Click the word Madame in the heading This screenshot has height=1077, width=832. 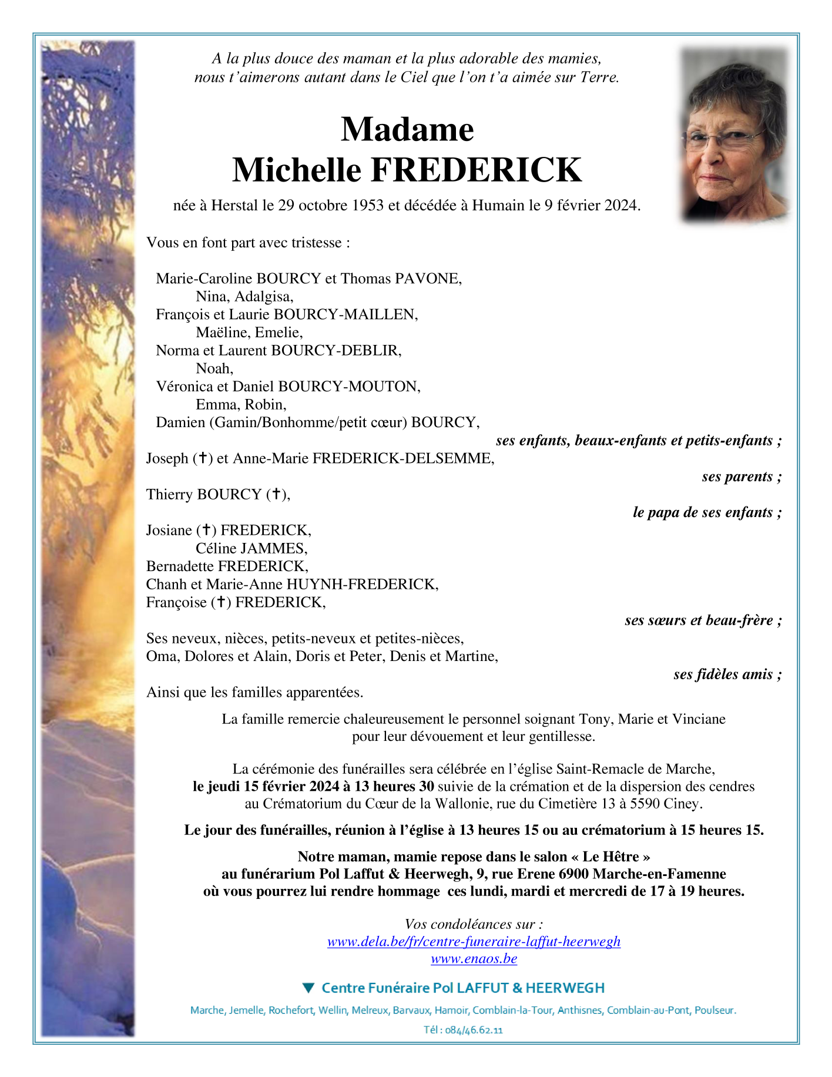click(407, 129)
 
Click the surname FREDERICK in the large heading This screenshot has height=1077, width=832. click(476, 170)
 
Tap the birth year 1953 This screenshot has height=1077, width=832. click(368, 206)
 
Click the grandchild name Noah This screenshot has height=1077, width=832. click(214, 369)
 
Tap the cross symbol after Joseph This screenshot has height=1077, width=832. click(202, 458)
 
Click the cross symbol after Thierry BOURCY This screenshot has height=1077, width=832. click(276, 494)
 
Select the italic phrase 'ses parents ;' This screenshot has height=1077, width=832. click(741, 477)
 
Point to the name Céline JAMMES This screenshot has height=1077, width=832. click(251, 549)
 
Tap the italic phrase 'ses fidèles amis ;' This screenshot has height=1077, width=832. click(727, 675)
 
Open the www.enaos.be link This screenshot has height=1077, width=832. click(474, 959)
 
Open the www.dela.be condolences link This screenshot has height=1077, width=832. click(474, 941)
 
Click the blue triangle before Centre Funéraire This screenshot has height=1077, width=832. click(308, 988)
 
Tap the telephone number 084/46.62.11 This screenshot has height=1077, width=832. click(474, 1030)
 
